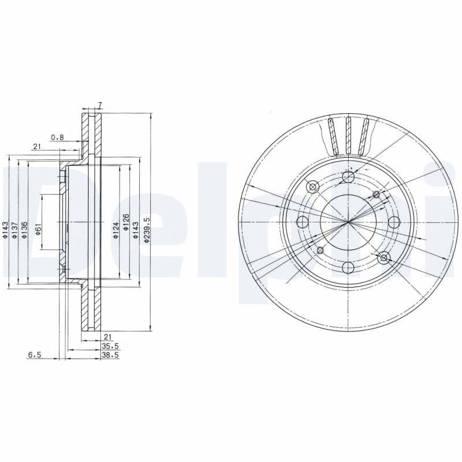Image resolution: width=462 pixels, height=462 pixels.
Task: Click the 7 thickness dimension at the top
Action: pos(100,105)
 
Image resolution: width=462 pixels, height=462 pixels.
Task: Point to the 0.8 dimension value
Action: pos(57,137)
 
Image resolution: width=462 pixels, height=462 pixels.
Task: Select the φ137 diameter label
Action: pos(15,229)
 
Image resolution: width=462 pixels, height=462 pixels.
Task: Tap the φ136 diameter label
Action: pos(24,229)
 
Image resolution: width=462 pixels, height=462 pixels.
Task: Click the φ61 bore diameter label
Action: pos(38,229)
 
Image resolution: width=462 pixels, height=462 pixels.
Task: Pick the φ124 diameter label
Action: pos(115,229)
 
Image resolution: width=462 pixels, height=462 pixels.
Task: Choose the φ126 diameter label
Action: pos(125,229)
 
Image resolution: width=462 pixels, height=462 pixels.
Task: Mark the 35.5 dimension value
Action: pos(110,346)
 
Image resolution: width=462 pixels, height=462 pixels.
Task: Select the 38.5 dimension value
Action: pos(110,356)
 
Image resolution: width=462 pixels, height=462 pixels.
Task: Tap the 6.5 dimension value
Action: pos(34,356)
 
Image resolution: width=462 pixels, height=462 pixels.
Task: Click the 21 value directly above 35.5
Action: pos(107,336)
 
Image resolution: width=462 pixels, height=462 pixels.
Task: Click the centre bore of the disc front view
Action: pos(348,222)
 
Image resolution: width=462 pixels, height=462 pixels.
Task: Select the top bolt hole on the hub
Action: pos(348,177)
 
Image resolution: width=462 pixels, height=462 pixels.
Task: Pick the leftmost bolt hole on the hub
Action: pos(302,222)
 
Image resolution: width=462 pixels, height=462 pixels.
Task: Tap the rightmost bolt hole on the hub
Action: pos(394,222)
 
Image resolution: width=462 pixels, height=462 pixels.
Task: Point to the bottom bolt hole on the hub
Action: pos(348,267)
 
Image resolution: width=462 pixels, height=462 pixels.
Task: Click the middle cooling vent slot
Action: pos(348,136)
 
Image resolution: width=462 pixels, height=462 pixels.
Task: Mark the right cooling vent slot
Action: pos(364,137)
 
